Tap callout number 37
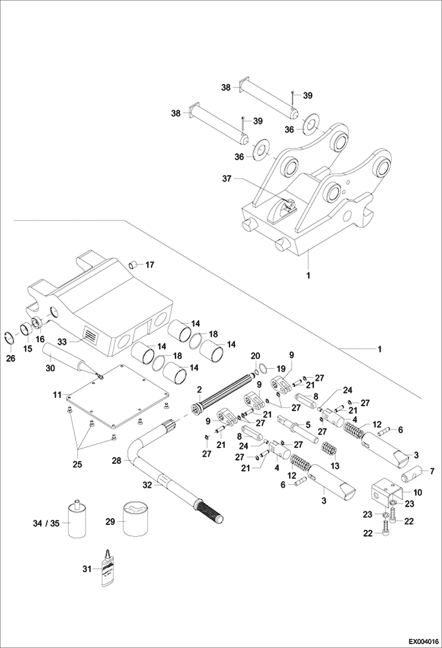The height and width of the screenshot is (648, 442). pos(227,179)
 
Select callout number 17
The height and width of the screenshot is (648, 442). pos(150,265)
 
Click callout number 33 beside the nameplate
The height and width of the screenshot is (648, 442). pos(62,342)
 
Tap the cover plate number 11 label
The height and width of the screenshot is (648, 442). pos(57,395)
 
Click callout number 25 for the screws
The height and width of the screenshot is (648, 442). pos(77,464)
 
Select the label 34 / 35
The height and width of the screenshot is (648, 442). pos(46,523)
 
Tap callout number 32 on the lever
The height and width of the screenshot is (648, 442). pos(147,485)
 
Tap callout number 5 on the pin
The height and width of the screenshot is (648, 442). pos(308,425)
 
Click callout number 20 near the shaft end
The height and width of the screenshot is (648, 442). pos(256,356)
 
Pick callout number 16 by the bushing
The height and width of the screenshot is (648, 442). pos(40,339)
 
